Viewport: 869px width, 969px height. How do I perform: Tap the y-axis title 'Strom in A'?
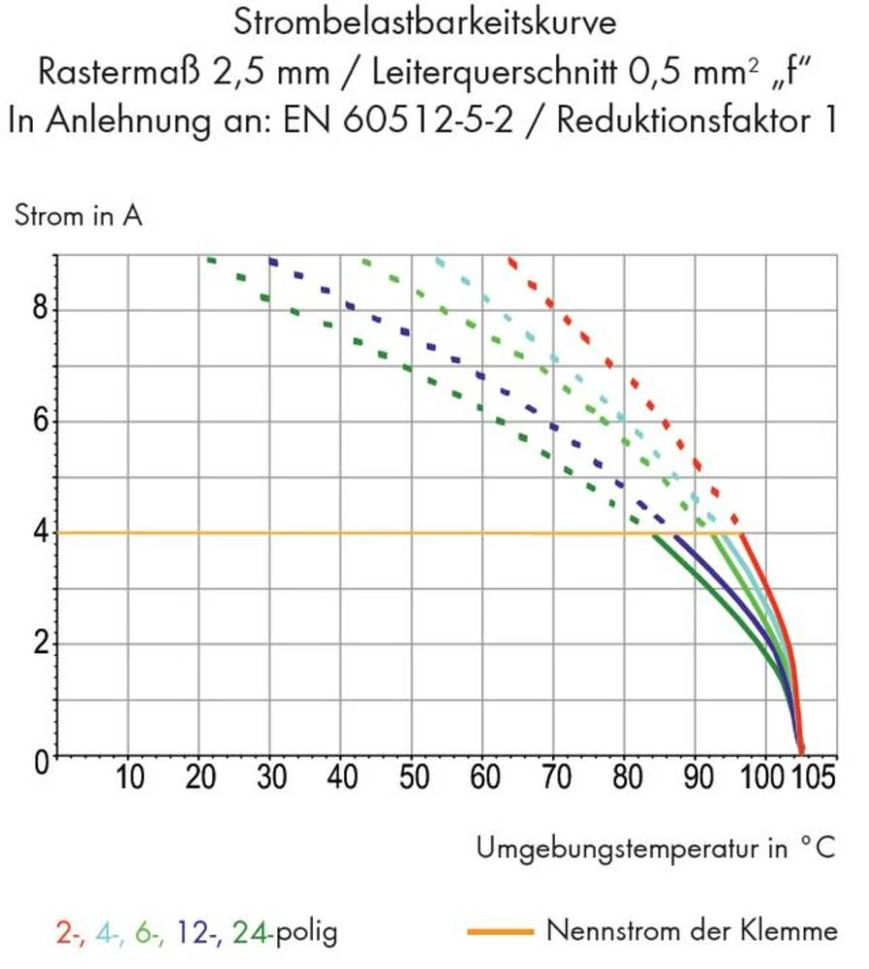pyautogui.click(x=78, y=216)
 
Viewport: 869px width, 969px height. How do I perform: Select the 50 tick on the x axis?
pyautogui.click(x=412, y=778)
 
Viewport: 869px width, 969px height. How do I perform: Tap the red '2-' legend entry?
pyautogui.click(x=69, y=933)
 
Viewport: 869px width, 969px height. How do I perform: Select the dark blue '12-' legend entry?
pyautogui.click(x=202, y=933)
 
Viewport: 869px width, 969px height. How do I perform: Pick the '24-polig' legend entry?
pyautogui.click(x=285, y=933)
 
